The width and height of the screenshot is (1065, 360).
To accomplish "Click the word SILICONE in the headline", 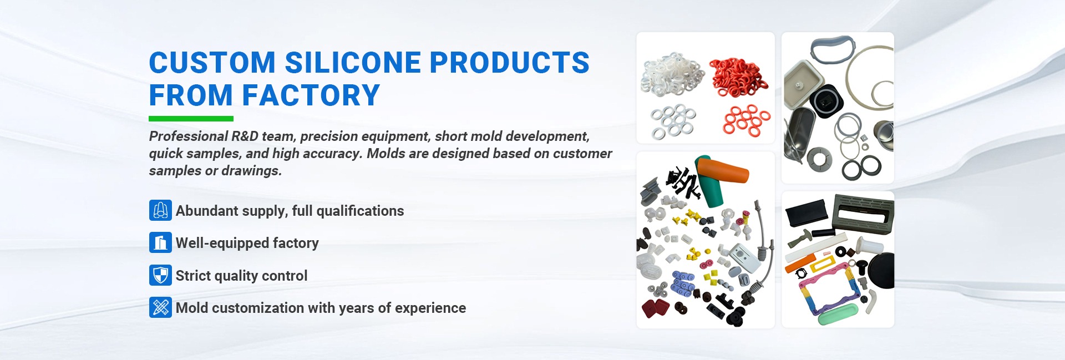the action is coord(353,62).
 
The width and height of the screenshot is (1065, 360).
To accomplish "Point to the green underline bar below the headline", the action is coord(191,118).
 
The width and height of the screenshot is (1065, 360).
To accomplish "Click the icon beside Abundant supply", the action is coord(160,210).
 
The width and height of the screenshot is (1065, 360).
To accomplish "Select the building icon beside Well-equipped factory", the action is coord(160,242).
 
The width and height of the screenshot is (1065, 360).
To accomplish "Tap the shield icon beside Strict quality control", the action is coord(160,275).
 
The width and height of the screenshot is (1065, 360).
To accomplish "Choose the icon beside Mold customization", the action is coord(160,307).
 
